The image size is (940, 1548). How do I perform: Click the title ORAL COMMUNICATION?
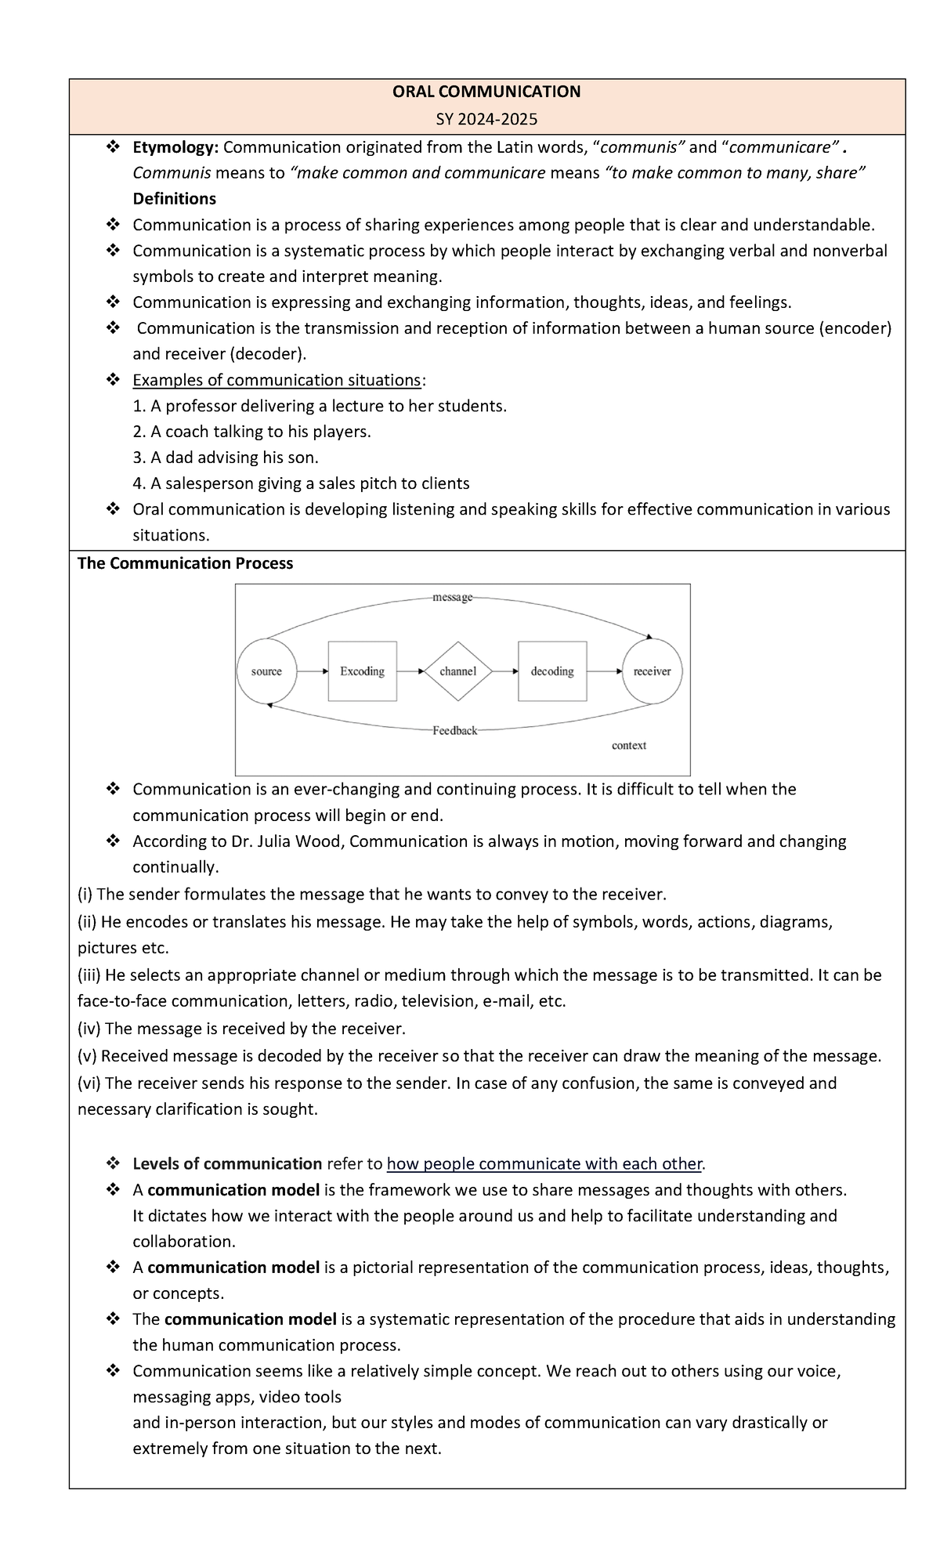pos(486,92)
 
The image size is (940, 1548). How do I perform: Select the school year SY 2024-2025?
pos(486,119)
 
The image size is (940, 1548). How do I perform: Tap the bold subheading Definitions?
pos(174,198)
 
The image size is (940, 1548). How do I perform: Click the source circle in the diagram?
pos(266,671)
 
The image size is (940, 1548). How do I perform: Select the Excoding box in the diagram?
pos(362,671)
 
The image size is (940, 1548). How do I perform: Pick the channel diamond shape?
pos(458,671)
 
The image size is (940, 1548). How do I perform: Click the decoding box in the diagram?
pos(552,671)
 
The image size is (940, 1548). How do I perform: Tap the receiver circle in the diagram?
pos(652,671)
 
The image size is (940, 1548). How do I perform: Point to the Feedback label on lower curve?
pos(454,731)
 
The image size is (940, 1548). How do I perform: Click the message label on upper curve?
pos(452,598)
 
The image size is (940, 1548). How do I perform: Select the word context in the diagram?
pos(628,746)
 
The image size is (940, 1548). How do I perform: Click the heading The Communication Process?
pos(185,563)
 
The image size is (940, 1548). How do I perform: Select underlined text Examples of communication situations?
pos(277,380)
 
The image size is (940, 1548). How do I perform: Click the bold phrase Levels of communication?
pos(227,1163)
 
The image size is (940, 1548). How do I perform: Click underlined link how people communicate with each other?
pos(545,1163)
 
